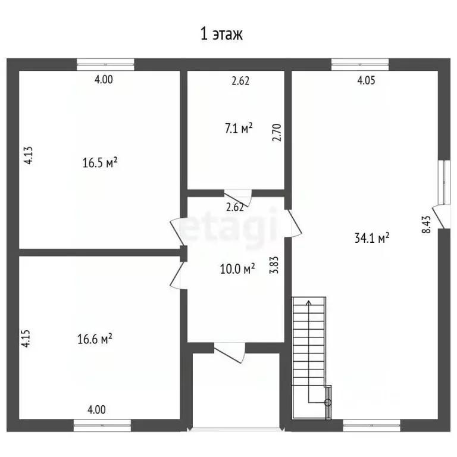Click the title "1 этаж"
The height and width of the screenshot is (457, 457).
[x=222, y=34]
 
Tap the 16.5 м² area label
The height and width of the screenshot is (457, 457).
[x=100, y=162]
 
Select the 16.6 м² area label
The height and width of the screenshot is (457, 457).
[x=95, y=339]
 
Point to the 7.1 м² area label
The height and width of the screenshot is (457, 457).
[x=239, y=129]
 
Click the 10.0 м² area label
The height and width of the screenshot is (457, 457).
[x=237, y=269]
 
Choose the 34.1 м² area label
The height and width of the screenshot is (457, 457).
[x=372, y=238]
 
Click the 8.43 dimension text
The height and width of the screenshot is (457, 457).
[x=426, y=224]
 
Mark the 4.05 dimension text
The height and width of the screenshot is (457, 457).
[x=366, y=80]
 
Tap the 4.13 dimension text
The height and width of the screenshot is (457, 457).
[x=29, y=156]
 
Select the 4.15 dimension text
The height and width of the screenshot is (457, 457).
[x=26, y=339]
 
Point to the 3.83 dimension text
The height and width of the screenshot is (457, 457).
[x=274, y=265]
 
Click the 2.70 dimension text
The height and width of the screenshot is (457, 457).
[x=277, y=133]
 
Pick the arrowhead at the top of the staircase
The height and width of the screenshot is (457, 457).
[x=309, y=302]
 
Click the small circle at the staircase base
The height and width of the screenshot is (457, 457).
[x=328, y=402]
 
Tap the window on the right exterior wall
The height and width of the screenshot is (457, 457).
[x=445, y=182]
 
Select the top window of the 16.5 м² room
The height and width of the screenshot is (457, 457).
[x=105, y=64]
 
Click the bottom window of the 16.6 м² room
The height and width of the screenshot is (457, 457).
[x=102, y=425]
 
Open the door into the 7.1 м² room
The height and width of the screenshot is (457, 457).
[x=238, y=198]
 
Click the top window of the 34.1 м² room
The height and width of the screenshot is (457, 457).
[x=360, y=64]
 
